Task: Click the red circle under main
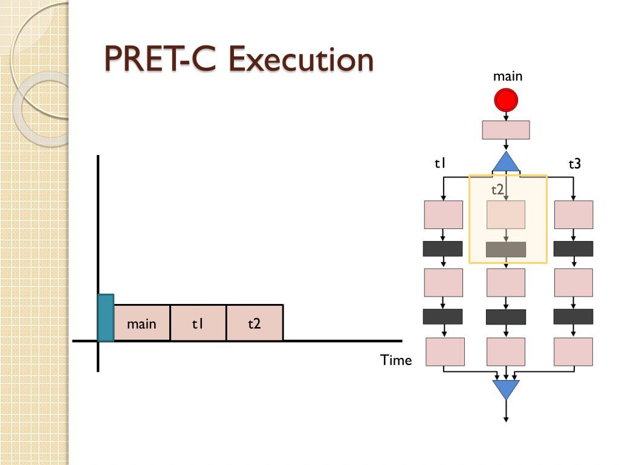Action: click(506, 101)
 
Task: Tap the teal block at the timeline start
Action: click(106, 318)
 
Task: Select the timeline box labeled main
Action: click(141, 323)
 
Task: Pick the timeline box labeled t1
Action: click(198, 323)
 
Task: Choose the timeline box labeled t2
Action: click(254, 323)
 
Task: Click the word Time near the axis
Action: click(396, 360)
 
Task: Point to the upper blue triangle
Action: click(506, 163)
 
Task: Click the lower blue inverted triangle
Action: click(506, 389)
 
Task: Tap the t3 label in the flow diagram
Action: click(574, 163)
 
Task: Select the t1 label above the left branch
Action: click(440, 163)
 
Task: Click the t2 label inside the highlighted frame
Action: click(497, 190)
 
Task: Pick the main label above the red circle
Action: click(508, 76)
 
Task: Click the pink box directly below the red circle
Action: click(505, 130)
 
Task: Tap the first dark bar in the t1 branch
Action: click(442, 249)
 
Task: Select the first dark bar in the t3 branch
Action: click(573, 249)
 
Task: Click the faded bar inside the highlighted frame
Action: click(506, 249)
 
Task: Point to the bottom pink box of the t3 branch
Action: click(573, 352)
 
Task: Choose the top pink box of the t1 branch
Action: click(443, 214)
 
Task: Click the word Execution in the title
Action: click(300, 61)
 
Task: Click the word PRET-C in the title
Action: click(161, 61)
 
